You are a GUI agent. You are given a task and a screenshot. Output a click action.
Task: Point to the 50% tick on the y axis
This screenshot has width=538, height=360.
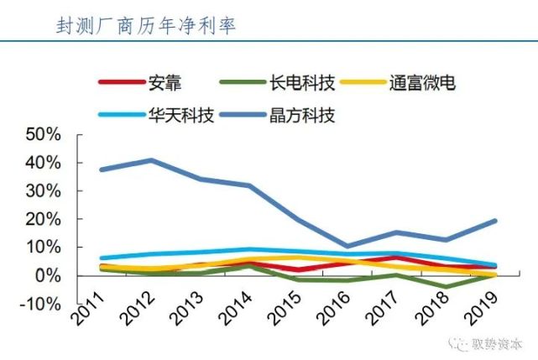pos(44,134)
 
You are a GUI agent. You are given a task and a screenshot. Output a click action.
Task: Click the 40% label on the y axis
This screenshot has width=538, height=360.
pos(44,163)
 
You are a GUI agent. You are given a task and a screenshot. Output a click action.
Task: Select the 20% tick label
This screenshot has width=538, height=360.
pos(44,219)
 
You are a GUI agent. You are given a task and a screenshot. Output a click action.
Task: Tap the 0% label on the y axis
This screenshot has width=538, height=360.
pos(49,275)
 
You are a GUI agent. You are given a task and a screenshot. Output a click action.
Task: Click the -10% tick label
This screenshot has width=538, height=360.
pos(42,304)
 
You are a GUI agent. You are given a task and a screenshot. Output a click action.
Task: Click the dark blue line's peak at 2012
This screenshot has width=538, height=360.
pos(151,160)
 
